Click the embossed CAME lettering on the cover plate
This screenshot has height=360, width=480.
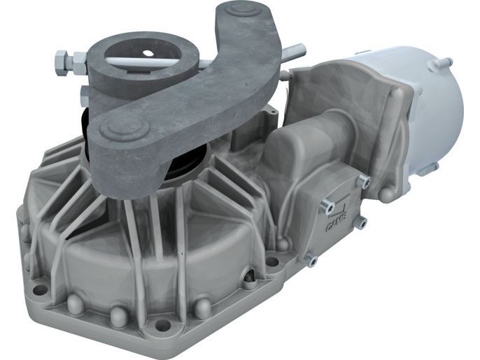[x=336, y=222]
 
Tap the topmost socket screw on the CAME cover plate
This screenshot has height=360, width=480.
[x=364, y=181]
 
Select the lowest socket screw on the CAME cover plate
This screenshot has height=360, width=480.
[x=311, y=259]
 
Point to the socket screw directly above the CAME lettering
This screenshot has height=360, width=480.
[x=326, y=207]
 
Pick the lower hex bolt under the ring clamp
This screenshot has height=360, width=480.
[x=83, y=96]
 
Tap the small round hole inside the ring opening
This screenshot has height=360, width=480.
[x=148, y=53]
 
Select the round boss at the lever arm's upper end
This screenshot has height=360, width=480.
[x=243, y=10]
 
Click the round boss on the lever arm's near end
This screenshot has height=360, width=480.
[x=125, y=128]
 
